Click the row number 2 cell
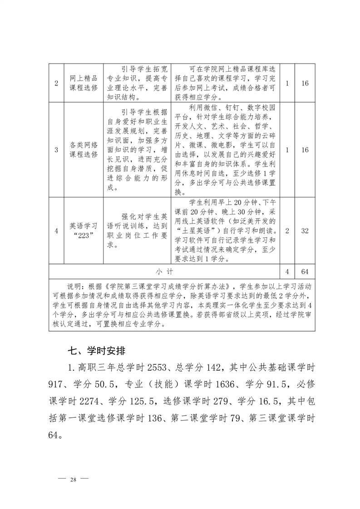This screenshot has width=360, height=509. (x=56, y=84)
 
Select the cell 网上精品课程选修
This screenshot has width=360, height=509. (x=84, y=84)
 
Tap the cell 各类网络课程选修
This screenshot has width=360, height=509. (x=84, y=150)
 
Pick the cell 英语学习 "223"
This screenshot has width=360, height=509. (x=84, y=230)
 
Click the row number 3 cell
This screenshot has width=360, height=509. (x=56, y=150)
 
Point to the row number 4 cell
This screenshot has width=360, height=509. (x=56, y=230)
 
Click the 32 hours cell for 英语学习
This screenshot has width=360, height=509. (x=305, y=230)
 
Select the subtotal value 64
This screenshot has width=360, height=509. (x=305, y=272)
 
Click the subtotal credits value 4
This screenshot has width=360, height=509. (x=287, y=272)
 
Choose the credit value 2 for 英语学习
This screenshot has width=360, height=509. (x=287, y=230)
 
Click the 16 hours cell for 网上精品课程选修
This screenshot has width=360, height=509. (x=305, y=84)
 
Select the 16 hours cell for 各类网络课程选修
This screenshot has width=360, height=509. (x=305, y=150)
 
